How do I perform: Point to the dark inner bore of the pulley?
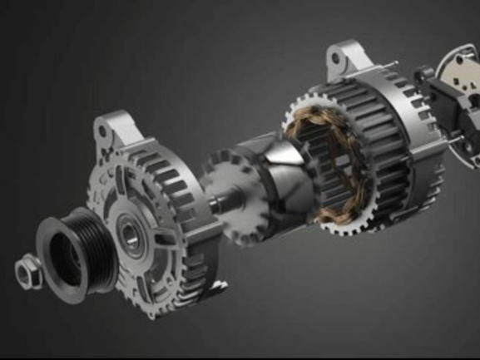(66, 254)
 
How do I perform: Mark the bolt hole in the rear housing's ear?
(338, 58)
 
